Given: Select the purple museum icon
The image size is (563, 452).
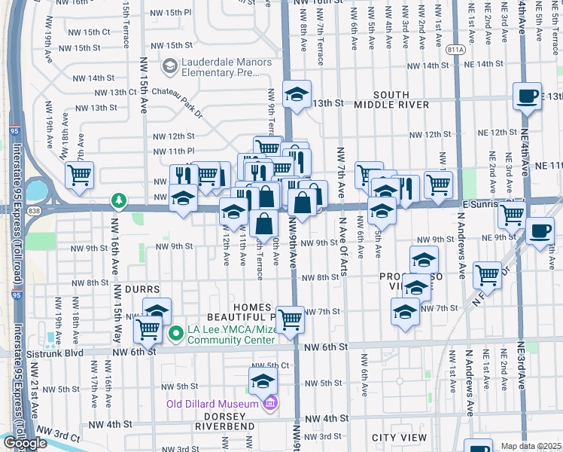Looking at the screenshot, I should (270, 405).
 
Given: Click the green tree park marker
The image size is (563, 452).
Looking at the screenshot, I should (118, 200).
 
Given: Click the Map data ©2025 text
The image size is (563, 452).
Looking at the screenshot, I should (531, 446).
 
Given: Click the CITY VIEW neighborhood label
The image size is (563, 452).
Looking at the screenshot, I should (399, 438).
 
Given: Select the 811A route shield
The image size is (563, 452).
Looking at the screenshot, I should (455, 50).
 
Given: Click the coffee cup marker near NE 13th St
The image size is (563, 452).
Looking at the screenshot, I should (527, 96).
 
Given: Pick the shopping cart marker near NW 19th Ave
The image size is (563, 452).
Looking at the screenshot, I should (79, 176).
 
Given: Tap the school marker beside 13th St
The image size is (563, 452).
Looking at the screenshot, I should (297, 95).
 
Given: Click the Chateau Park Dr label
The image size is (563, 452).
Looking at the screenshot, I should (178, 102).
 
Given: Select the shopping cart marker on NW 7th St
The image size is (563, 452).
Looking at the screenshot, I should (289, 320).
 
